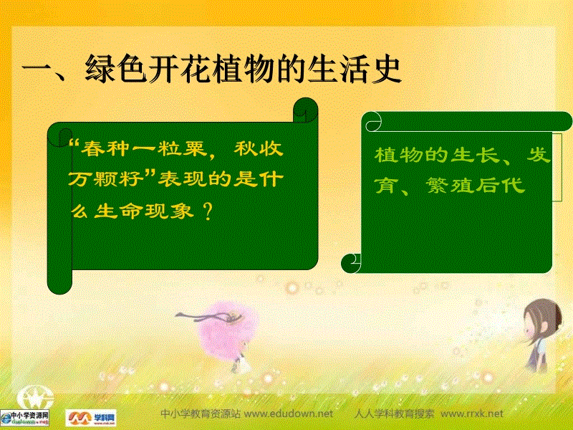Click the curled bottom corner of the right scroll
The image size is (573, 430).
tap(352, 263)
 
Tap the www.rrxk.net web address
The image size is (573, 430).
tap(472, 414)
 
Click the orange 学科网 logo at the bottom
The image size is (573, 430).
tap(91, 416)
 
